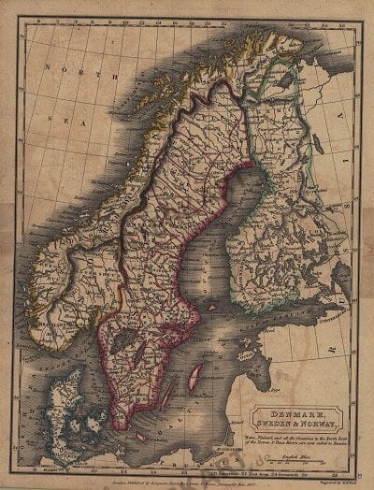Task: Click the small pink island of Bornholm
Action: pyautogui.click(x=142, y=436)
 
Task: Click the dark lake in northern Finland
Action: pyautogui.click(x=284, y=82)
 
